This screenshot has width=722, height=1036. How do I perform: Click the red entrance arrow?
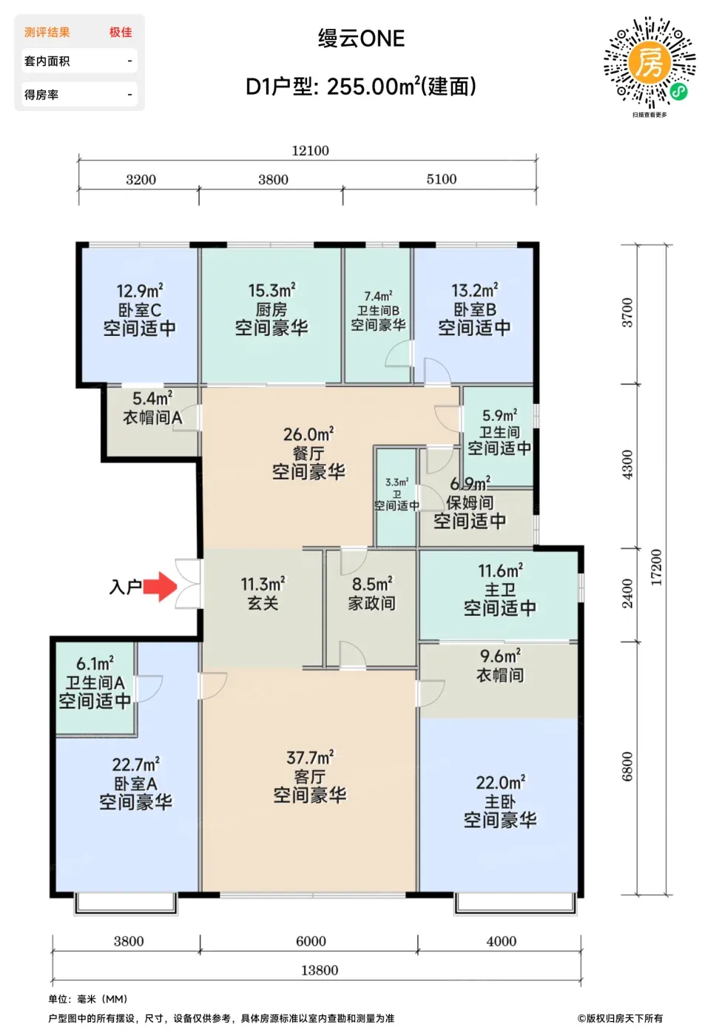[x=161, y=586]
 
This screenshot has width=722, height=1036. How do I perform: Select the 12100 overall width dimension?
[x=310, y=151]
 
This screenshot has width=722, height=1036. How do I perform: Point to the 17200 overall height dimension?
[x=656, y=567]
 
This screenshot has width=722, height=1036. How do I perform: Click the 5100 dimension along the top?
[x=442, y=179]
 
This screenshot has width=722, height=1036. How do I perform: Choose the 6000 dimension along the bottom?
[x=311, y=941]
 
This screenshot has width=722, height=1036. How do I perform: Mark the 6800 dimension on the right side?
[x=627, y=767]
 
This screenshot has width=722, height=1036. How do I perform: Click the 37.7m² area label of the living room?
[x=310, y=758]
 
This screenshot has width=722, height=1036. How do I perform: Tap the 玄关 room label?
[x=263, y=603]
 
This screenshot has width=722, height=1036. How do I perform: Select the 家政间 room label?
[x=371, y=603]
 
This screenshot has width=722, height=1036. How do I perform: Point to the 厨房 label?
[x=271, y=309]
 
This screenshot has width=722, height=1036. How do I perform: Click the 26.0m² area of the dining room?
[x=308, y=434]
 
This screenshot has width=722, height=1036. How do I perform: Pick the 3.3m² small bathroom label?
[x=397, y=482]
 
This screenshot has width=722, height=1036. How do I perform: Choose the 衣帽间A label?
[x=152, y=417]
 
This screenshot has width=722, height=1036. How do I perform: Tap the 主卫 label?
[x=500, y=590]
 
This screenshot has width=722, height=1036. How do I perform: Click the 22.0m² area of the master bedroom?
[x=501, y=783]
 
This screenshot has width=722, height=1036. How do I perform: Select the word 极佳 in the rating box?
[x=121, y=33]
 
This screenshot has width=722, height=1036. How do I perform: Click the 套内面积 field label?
[x=47, y=61]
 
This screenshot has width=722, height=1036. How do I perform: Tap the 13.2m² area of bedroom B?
[x=475, y=290]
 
